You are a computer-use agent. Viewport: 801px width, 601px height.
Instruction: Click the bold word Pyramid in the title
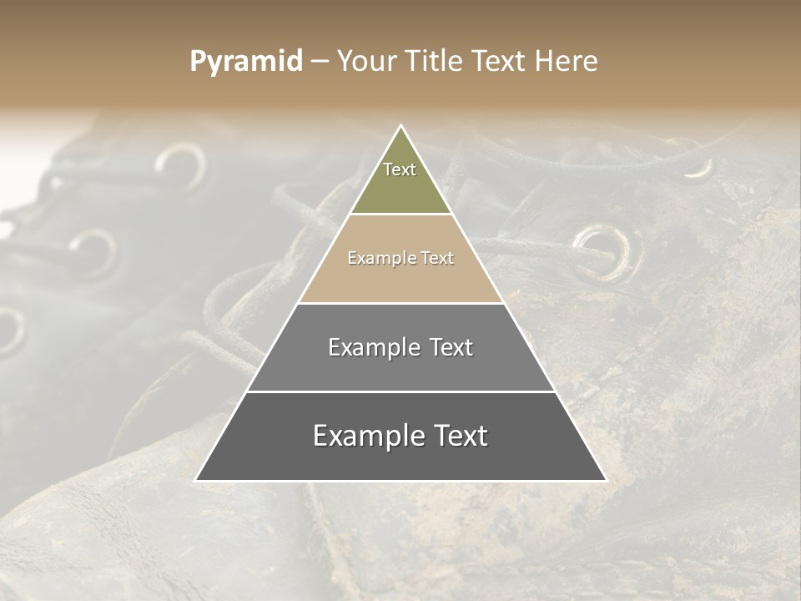pos(246,62)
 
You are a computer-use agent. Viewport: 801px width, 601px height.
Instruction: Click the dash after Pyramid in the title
pos(319,62)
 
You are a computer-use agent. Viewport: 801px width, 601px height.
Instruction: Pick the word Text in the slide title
pos(501,62)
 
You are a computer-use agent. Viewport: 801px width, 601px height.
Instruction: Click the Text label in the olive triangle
pos(400,170)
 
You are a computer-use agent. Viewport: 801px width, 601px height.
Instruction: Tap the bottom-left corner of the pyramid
pos(196,480)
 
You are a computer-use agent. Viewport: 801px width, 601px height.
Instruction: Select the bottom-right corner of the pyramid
pos(606,480)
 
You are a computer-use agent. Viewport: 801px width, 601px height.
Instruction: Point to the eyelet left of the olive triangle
pos(179,165)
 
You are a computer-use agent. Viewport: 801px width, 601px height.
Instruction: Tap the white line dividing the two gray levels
pos(401,391)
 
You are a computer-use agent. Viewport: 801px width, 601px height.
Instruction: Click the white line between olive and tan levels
pos(401,215)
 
